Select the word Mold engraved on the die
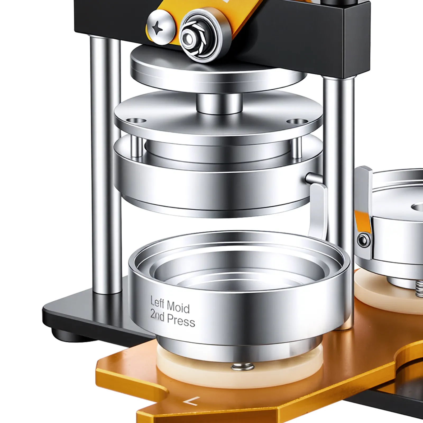[x=178, y=307]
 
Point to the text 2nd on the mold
[x=157, y=315]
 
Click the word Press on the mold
[x=181, y=320]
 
